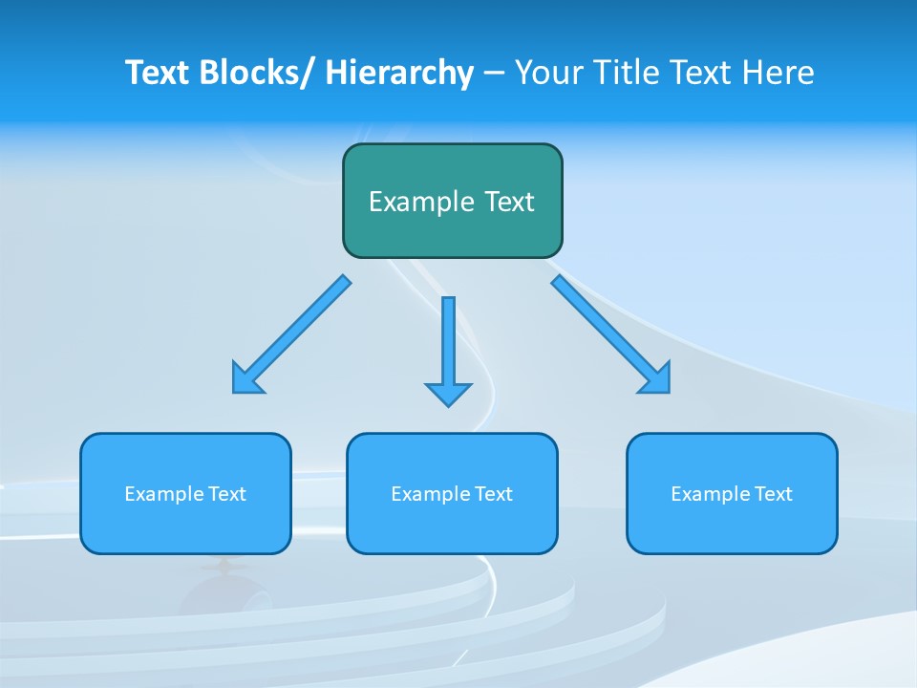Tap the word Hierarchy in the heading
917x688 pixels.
[399, 73]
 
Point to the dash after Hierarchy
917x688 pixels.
[494, 74]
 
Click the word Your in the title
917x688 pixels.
[549, 73]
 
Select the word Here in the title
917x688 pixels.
[778, 73]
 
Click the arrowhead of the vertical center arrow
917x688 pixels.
[448, 394]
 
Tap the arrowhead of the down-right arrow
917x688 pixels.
[657, 380]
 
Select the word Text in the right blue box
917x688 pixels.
[775, 494]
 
